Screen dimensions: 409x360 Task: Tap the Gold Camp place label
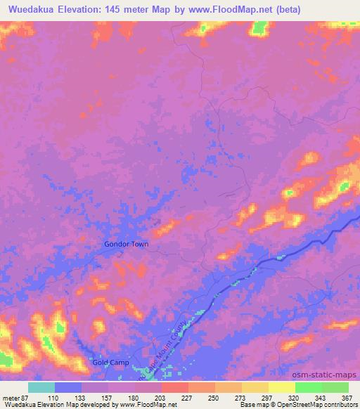tap(110, 363)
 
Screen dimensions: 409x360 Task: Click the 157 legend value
tap(108, 397)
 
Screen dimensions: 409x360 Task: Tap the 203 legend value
tap(162, 397)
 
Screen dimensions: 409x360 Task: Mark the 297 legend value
tap(268, 397)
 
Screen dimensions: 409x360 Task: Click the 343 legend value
tap(321, 397)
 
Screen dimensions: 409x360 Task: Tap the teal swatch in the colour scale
tap(41, 387)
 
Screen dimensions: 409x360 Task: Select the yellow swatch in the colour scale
tap(281, 387)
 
